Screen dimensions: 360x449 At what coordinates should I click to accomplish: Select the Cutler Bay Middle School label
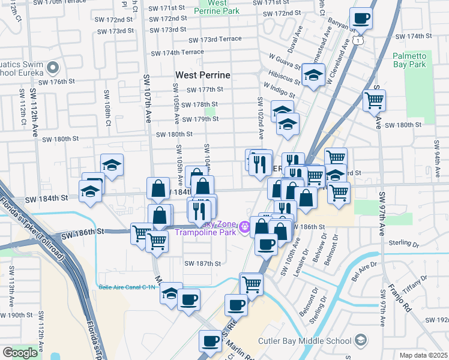pos(304,341)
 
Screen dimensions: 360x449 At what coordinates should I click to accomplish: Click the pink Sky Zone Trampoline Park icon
pos(244,227)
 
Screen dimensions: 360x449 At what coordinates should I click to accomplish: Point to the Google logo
pos(20,352)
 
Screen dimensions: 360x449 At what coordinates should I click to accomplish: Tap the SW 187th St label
pos(203,263)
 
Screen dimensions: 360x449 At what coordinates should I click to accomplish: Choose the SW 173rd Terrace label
pos(215,40)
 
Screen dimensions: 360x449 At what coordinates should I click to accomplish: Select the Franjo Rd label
pos(397,298)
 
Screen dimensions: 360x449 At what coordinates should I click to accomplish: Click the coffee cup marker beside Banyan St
pos(361,19)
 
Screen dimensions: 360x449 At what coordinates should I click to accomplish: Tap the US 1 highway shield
pos(358,39)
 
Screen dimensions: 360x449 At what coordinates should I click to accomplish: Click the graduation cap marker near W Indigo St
pos(313,76)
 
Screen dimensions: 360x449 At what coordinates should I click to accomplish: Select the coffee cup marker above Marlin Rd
pos(210,341)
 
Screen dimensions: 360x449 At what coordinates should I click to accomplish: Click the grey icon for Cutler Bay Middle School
pos(360,341)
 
